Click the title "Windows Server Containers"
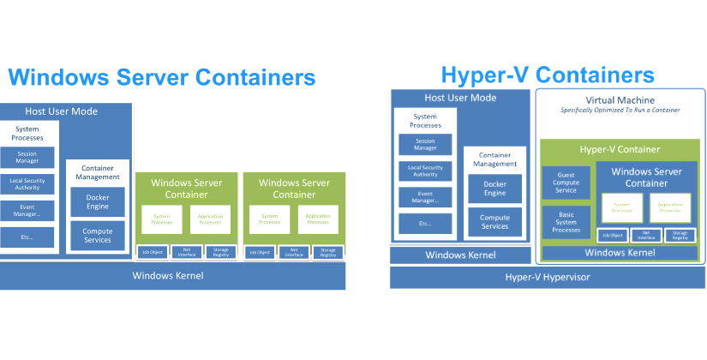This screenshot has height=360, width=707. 162,77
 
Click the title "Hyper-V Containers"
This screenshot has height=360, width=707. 548,74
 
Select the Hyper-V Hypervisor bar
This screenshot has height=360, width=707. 548,277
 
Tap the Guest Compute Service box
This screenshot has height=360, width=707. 566,183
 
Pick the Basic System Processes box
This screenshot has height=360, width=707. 566,221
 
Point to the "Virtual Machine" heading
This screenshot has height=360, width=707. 620,99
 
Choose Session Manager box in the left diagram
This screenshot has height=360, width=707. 27,157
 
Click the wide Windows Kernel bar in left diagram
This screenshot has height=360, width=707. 172,275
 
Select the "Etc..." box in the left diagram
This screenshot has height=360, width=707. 27,237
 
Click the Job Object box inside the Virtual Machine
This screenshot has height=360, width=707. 612,235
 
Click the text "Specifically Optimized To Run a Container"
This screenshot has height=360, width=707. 620,111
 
